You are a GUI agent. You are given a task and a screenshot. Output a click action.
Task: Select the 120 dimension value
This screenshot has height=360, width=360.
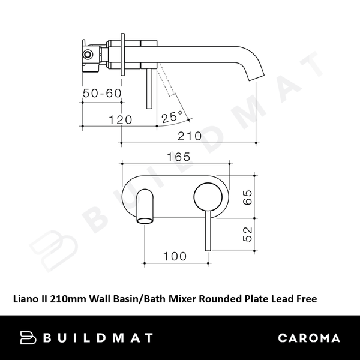click(120, 119)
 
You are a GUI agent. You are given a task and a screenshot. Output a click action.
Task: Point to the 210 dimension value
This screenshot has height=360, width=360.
click(189, 136)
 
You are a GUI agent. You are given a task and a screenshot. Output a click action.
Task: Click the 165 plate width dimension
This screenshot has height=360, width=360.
click(178, 157)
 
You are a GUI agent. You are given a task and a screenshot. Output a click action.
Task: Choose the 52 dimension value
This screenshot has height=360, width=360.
click(247, 233)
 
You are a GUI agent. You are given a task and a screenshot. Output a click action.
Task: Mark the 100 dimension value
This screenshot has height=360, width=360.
click(175, 256)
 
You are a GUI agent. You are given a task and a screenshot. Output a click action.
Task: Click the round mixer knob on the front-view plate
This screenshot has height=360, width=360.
click(208, 197)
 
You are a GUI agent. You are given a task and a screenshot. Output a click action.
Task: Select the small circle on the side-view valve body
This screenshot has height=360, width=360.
click(89, 55)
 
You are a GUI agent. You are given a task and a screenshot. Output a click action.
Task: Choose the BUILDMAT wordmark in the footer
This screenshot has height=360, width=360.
click(99, 338)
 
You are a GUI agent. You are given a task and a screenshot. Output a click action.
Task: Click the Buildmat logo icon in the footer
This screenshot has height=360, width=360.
click(29, 338)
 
